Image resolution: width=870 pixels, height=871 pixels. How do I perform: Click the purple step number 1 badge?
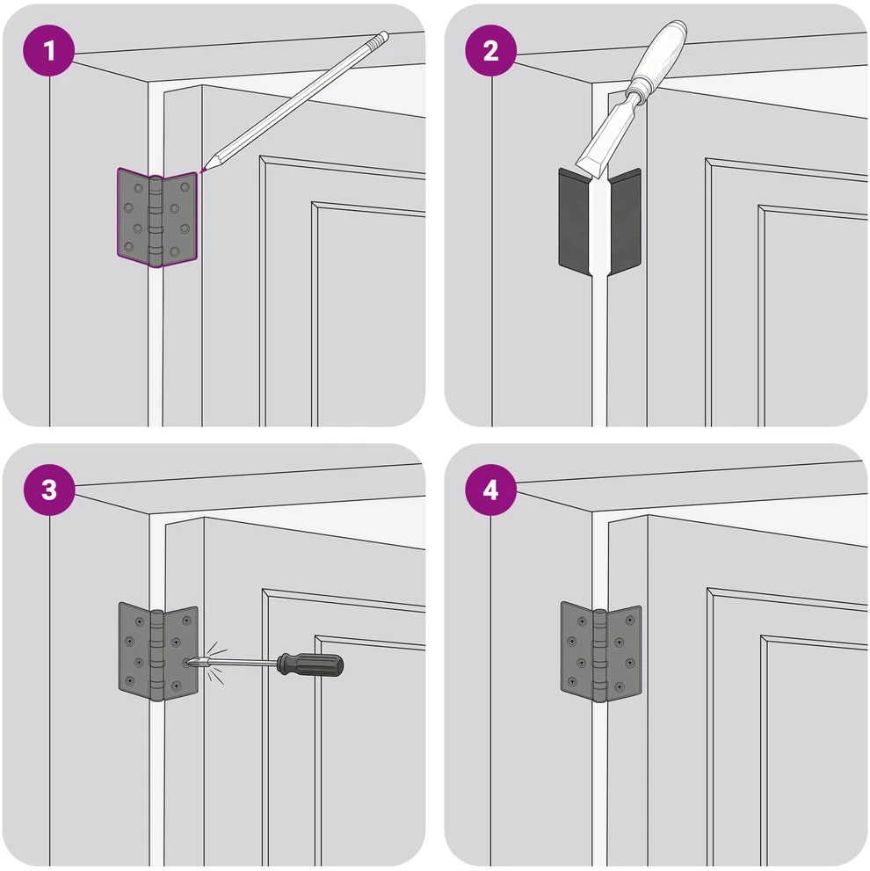pos(49,51)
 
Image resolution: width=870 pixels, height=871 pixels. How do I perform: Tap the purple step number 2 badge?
pos(490,51)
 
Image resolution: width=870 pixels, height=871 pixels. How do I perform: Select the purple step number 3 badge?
pos(49,490)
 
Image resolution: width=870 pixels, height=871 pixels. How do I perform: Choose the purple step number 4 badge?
pos(490,490)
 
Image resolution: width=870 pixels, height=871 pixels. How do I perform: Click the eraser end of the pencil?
pos(381,38)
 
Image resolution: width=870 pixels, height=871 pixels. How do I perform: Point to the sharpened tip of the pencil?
pos(202,170)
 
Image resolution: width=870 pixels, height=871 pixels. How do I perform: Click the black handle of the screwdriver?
pos(310,664)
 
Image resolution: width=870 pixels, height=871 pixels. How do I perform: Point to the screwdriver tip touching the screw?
pos(191,662)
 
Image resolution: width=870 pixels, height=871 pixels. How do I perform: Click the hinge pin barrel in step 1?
pos(156,221)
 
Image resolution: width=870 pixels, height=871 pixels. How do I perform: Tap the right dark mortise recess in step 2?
pos(625,222)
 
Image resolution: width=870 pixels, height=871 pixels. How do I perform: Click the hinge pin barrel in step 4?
pos(598,656)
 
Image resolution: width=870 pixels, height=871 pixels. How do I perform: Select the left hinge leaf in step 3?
pos(134,650)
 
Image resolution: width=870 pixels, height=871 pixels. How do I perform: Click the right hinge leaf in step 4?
pos(623,652)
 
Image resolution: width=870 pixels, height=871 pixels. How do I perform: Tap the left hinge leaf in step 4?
pos(576,649)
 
